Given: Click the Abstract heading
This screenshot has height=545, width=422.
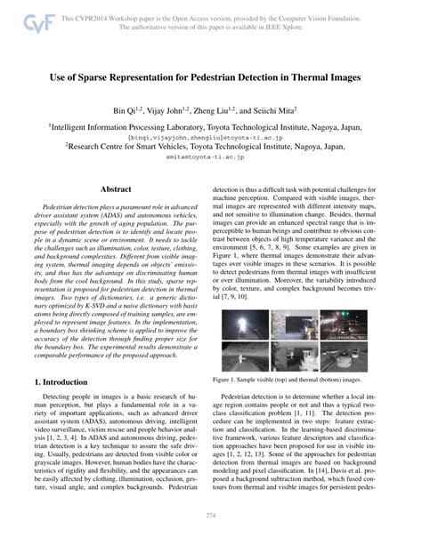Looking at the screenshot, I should pos(116,190).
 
